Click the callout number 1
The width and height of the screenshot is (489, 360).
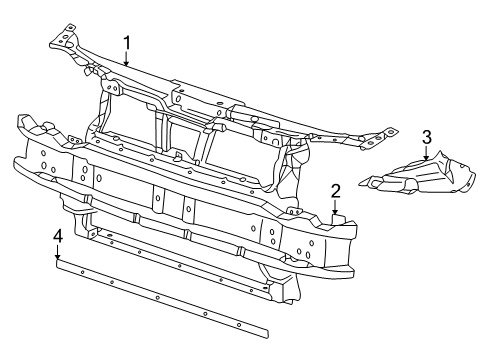(126, 43)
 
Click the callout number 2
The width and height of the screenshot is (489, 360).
(335, 192)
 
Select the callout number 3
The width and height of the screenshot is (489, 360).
(427, 137)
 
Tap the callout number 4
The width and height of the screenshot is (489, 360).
(58, 237)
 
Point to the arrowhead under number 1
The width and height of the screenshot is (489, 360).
(126, 63)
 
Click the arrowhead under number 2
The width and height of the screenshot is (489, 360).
(335, 211)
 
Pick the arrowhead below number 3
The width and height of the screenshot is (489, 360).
(427, 157)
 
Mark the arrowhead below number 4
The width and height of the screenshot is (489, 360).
(58, 257)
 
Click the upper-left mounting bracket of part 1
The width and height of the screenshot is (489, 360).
(65, 38)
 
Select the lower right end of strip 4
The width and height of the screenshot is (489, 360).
(268, 333)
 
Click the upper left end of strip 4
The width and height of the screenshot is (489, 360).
(57, 264)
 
